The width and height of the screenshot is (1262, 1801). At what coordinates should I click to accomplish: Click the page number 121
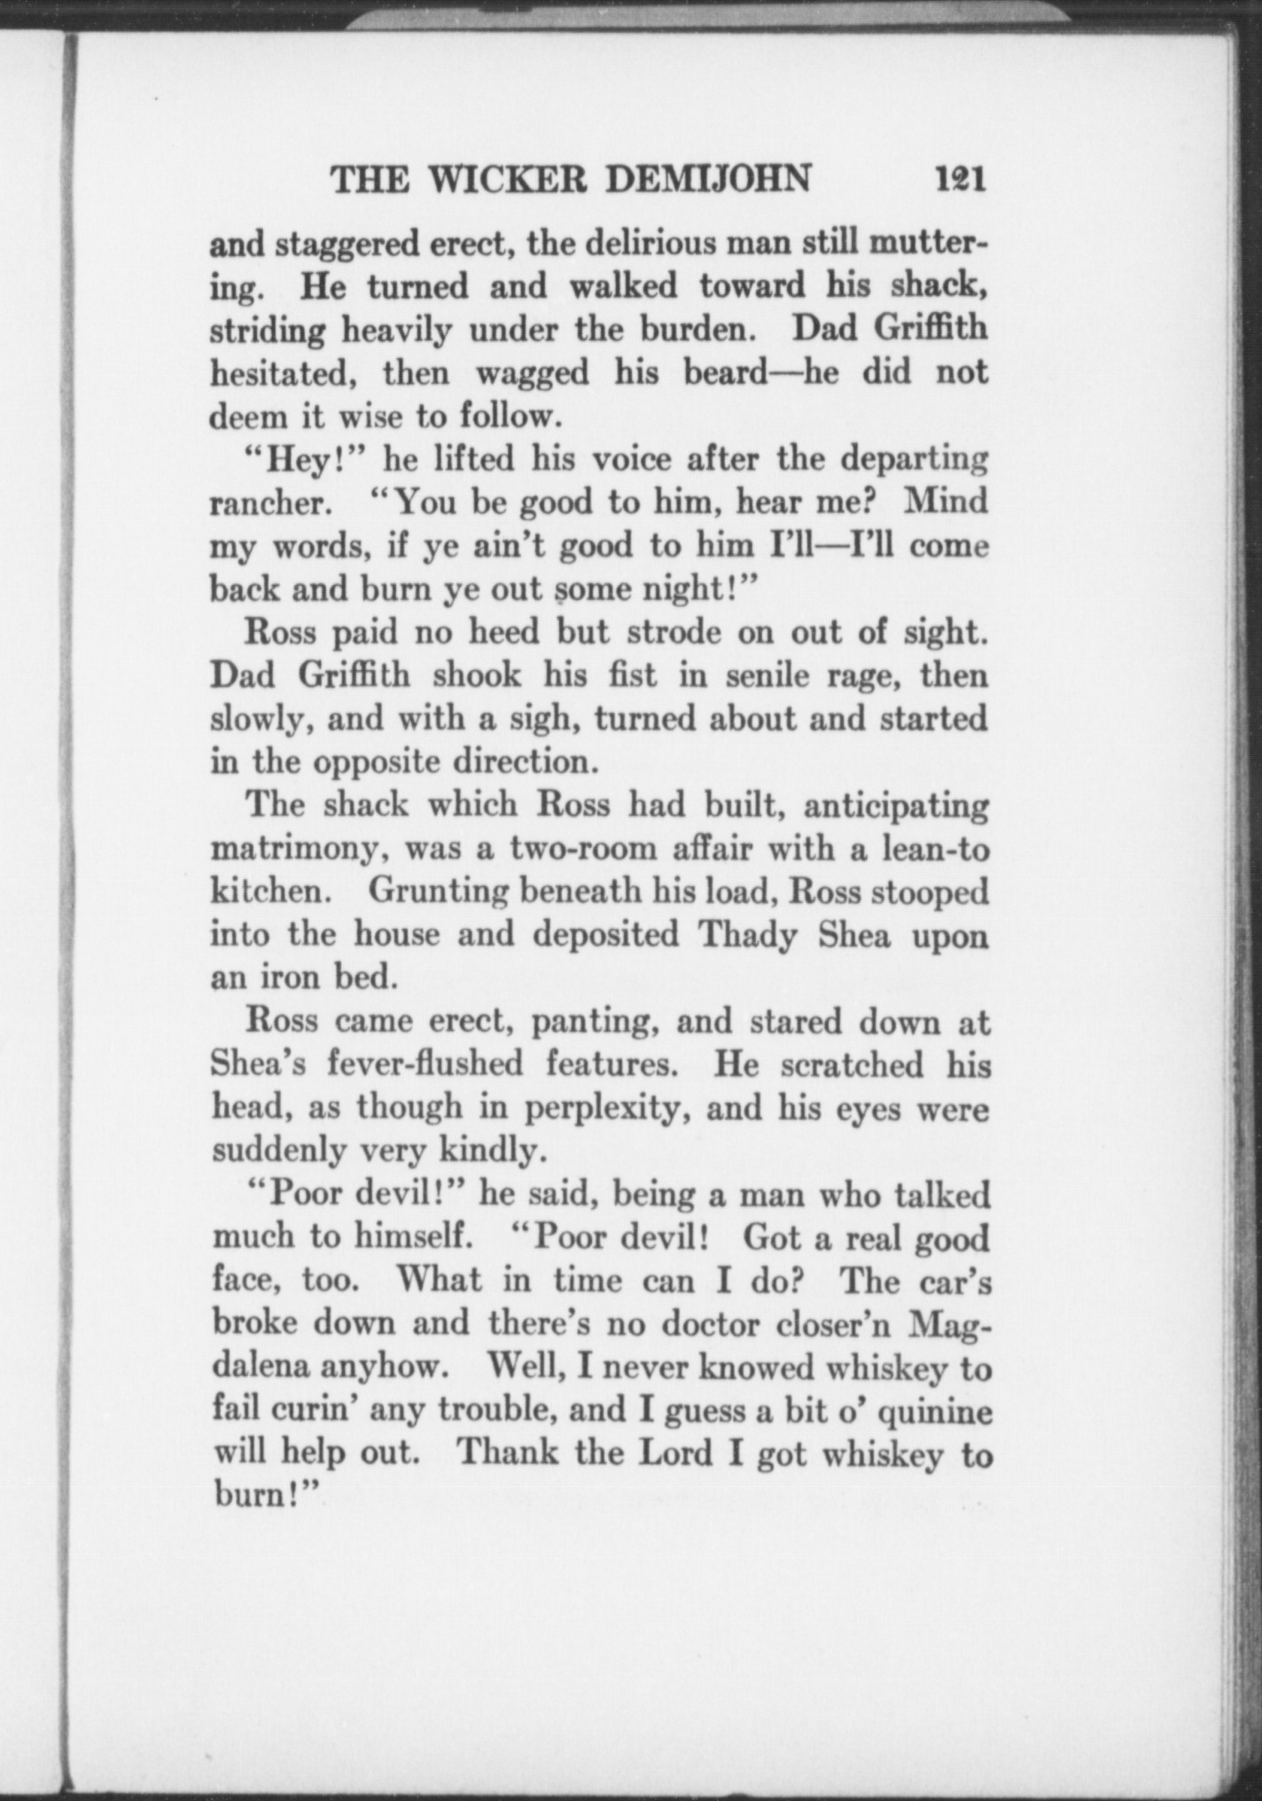[959, 180]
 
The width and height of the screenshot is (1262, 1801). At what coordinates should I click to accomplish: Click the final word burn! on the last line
[264, 1497]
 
